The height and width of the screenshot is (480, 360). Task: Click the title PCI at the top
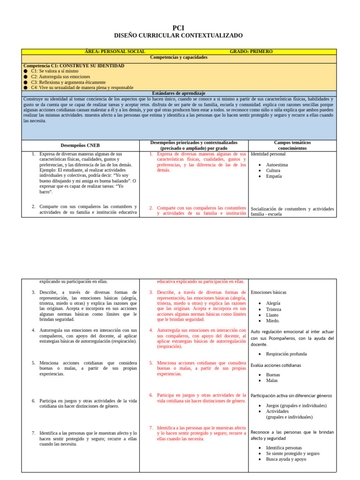coord(179,28)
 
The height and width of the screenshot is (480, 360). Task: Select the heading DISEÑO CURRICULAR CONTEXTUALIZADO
coord(179,36)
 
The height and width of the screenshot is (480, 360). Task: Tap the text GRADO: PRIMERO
coord(251,52)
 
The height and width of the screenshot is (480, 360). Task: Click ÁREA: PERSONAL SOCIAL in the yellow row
coord(115,52)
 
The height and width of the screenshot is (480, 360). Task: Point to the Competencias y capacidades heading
coord(179,57)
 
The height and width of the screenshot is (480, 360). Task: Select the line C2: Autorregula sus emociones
coord(60,76)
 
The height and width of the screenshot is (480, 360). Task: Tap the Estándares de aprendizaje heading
coord(179,93)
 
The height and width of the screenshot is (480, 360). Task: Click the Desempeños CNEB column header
coord(80,145)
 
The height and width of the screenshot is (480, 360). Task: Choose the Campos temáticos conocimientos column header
coord(292,145)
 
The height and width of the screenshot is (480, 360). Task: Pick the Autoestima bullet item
coord(277,165)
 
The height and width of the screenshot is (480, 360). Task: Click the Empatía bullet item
coord(274,176)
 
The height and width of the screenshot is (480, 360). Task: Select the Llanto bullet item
coord(272,315)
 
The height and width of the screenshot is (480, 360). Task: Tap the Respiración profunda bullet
coord(286,354)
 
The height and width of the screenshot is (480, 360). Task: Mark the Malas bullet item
coord(272,381)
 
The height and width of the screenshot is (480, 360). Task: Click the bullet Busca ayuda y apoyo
coord(286,459)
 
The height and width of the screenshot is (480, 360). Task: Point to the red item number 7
coord(151,428)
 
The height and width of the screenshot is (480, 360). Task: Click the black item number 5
coord(34,363)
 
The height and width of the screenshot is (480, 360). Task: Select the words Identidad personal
coord(268,154)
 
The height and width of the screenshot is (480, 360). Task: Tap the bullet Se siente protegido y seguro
coord(292,454)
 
